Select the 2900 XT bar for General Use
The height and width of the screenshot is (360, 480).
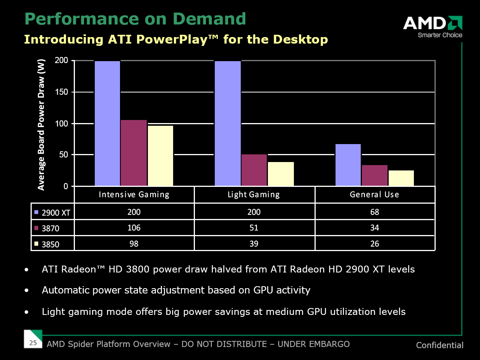click(x=348, y=165)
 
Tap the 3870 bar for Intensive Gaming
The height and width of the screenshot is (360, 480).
click(x=134, y=153)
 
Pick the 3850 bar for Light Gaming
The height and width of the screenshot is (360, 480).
click(x=281, y=174)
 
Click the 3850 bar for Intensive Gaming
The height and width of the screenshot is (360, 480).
click(x=161, y=156)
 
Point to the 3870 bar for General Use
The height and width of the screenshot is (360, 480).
click(x=375, y=175)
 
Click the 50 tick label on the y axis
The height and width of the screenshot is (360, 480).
click(x=63, y=155)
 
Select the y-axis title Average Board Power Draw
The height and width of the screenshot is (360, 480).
click(x=41, y=125)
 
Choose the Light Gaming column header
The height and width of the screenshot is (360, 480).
click(x=254, y=195)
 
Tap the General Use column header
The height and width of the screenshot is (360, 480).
click(x=375, y=195)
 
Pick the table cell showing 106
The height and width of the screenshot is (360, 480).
click(x=134, y=228)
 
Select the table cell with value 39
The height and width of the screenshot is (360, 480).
click(x=254, y=243)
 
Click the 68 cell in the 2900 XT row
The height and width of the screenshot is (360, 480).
click(x=375, y=212)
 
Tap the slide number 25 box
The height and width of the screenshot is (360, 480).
click(x=33, y=343)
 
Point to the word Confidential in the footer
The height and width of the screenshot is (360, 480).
click(x=439, y=345)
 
